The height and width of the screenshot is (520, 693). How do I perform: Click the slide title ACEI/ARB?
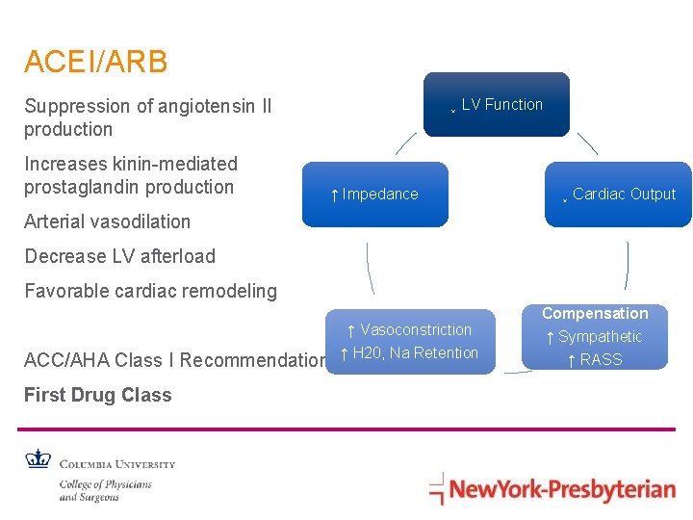tap(96, 63)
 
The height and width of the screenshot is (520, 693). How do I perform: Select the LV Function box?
tap(499, 105)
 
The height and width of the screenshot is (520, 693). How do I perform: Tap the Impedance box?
tap(375, 195)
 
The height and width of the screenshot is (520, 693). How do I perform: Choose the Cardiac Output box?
tap(618, 195)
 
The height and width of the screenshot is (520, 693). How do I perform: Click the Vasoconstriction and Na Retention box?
tap(410, 341)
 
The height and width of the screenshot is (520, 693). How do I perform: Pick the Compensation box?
tap(595, 337)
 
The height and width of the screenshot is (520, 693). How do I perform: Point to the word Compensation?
tap(595, 314)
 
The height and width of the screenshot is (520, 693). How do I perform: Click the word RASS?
tap(602, 360)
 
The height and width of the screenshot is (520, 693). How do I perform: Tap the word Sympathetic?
tap(600, 337)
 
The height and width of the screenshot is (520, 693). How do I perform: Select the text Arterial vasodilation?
tap(108, 221)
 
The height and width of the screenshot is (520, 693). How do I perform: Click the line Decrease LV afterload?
tap(119, 256)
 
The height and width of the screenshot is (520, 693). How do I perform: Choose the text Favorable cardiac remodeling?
tap(150, 291)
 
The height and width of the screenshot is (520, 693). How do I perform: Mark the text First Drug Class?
tap(98, 395)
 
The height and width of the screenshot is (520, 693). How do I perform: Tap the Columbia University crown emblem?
tap(38, 460)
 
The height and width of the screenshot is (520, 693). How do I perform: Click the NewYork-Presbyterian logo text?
tap(562, 489)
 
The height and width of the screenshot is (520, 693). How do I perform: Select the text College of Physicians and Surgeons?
tap(105, 490)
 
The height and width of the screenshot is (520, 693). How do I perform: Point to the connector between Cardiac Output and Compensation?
tap(627, 265)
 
